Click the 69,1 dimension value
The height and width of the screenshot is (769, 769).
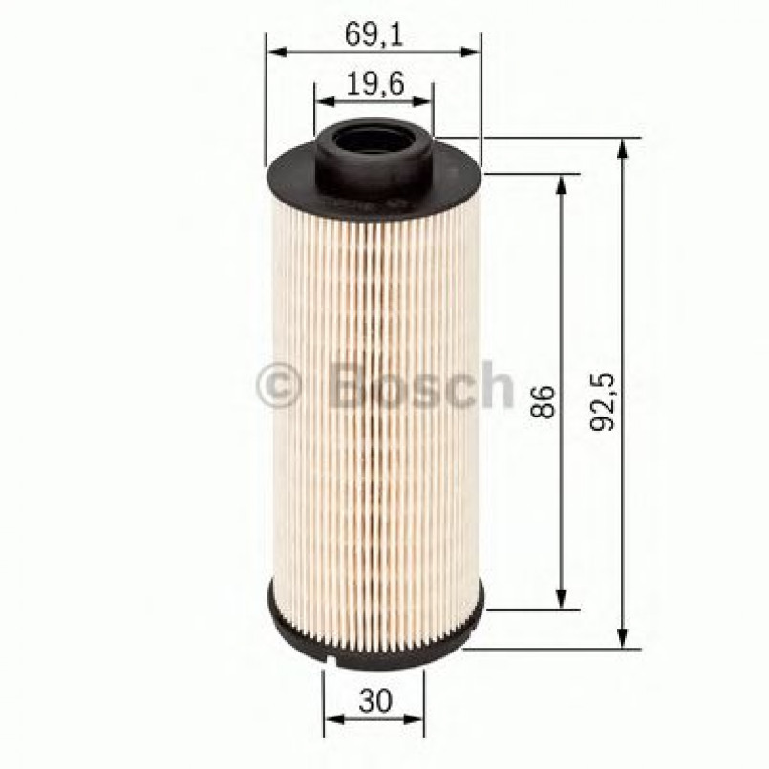click(373, 35)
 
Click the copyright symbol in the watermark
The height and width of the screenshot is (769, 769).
click(279, 387)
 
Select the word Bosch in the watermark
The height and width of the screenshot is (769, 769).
click(420, 385)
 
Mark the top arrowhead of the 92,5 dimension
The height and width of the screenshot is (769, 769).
click(623, 144)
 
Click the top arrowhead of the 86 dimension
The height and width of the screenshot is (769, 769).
click(562, 182)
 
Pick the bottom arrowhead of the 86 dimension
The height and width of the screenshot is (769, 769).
click(562, 602)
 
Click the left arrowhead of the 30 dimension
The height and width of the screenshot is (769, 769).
click(331, 718)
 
